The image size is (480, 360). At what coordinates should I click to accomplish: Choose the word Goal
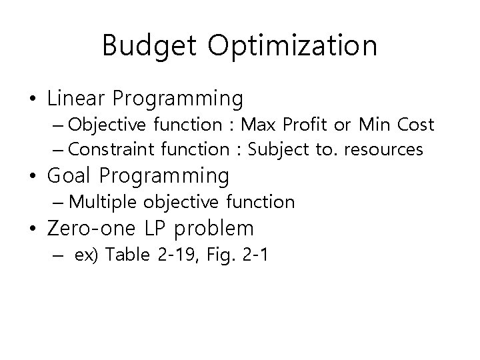[69, 177]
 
